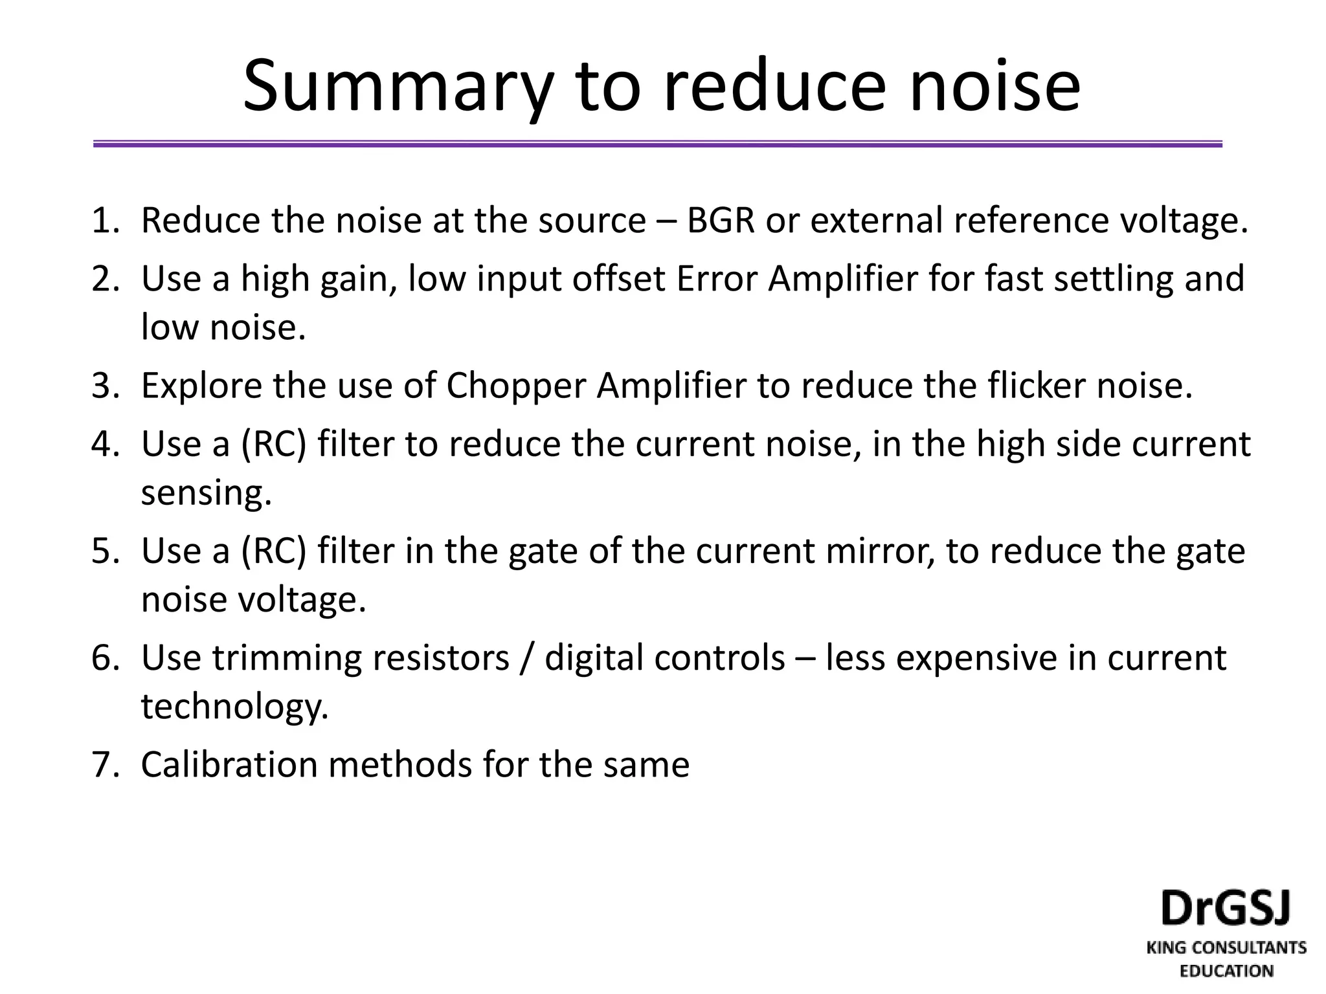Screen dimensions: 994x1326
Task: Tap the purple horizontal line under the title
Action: tap(657, 144)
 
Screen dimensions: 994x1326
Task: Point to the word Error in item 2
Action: tap(717, 279)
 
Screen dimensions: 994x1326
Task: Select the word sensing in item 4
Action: tap(206, 493)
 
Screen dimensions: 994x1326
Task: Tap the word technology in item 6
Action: tap(234, 707)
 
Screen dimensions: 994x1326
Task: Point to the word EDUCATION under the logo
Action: tap(1226, 971)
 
